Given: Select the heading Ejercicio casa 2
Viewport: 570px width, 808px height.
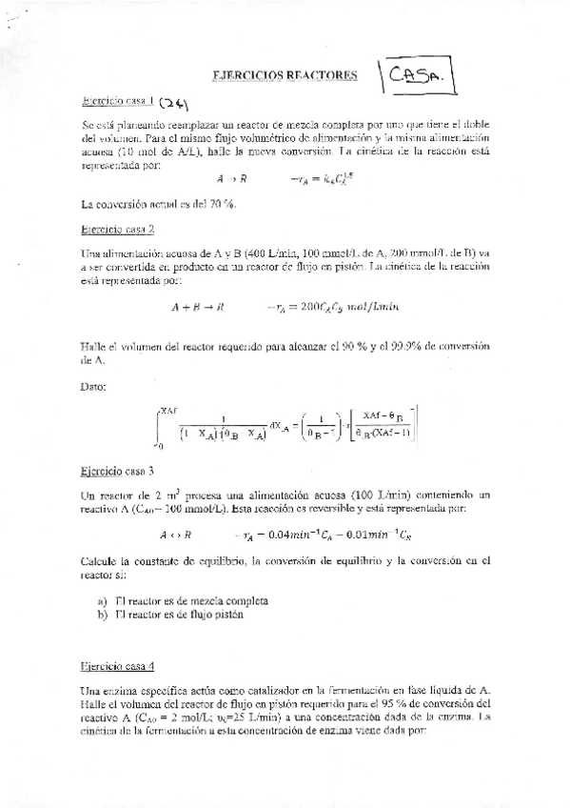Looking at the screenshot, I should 119,230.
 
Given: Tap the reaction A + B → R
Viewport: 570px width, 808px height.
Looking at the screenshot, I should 198,307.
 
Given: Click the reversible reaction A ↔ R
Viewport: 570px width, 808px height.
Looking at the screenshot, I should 176,535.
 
